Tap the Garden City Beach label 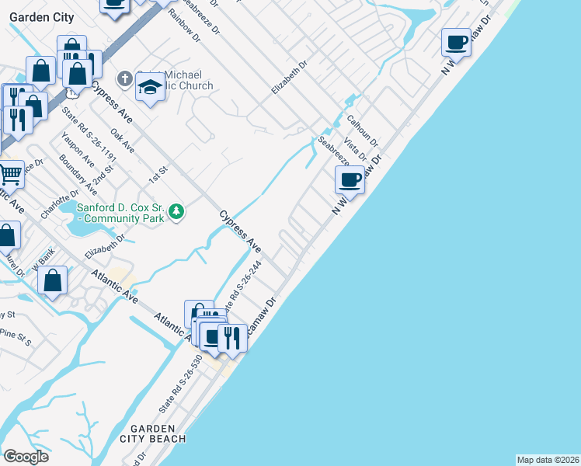pyautogui.click(x=158, y=433)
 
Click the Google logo pyautogui.click(x=26, y=457)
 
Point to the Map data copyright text pyautogui.click(x=548, y=460)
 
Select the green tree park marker pyautogui.click(x=177, y=211)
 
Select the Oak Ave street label pyautogui.click(x=123, y=141)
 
